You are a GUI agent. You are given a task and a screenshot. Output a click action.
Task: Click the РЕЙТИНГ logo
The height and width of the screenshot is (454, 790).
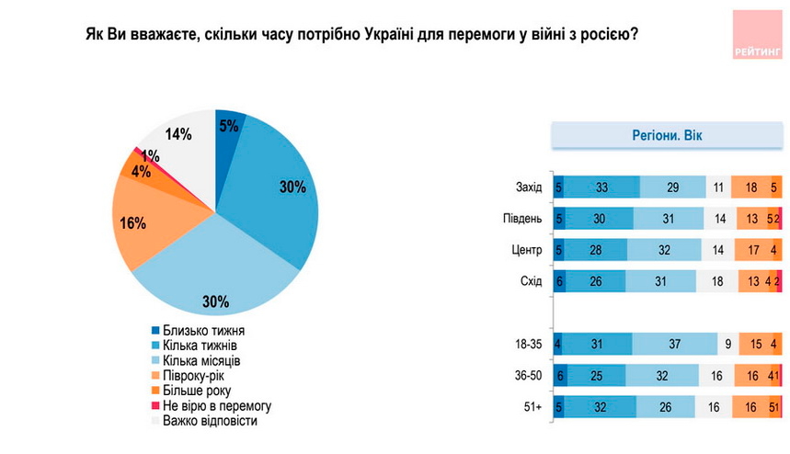tap(758, 36)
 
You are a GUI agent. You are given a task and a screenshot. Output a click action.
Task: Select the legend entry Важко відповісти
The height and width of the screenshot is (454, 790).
tap(209, 420)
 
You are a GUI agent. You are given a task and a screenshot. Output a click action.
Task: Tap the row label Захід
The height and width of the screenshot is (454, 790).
tap(529, 187)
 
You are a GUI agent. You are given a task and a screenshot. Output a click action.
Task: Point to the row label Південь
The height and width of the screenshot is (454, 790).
tap(523, 218)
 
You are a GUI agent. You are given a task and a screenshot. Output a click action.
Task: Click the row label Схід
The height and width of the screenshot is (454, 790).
tap(531, 280)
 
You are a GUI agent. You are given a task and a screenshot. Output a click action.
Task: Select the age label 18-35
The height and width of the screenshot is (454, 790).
tap(527, 346)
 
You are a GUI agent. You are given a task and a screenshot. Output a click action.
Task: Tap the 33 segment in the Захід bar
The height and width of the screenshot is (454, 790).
tap(601, 187)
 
